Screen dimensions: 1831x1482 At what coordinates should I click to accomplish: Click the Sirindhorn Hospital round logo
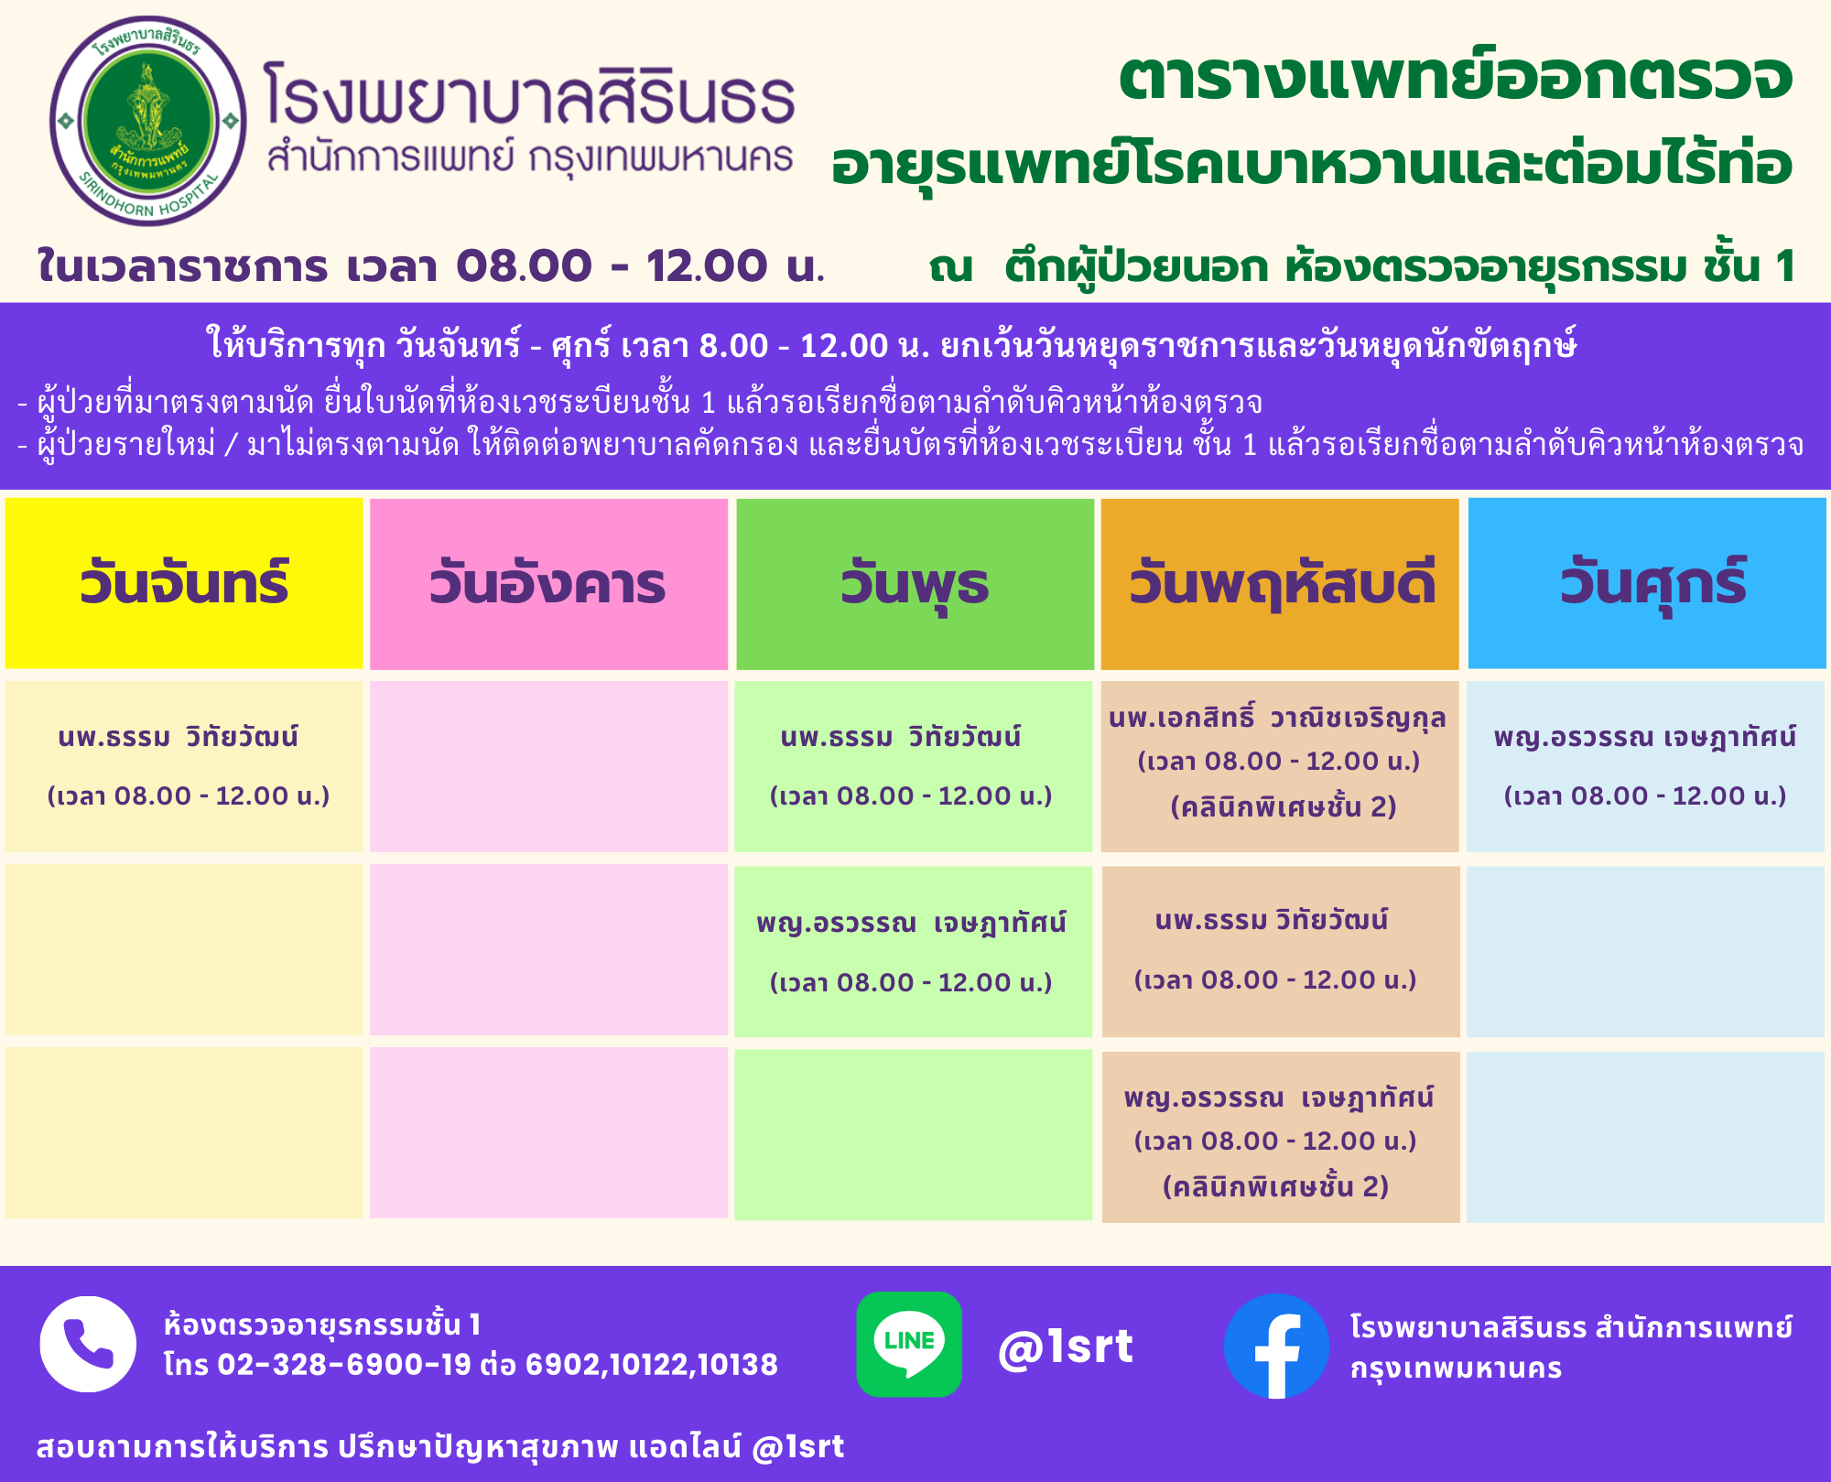tap(148, 121)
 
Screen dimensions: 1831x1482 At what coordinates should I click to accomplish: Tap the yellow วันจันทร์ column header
tap(184, 583)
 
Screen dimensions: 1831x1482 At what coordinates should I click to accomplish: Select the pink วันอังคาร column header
tap(548, 583)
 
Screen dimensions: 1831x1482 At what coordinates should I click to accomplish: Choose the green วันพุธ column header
tap(915, 583)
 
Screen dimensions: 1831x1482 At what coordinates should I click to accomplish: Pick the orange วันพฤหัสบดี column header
tap(1280, 583)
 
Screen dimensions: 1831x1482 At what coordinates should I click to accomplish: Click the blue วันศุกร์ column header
tap(1647, 583)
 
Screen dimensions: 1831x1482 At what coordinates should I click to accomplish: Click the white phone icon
tap(88, 1344)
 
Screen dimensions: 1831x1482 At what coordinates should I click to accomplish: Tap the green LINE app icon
tap(909, 1344)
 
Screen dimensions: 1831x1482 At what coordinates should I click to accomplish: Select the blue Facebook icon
tap(1276, 1346)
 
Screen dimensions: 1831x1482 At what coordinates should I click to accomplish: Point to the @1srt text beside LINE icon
tap(1066, 1347)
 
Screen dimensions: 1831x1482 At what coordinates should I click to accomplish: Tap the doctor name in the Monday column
tap(179, 736)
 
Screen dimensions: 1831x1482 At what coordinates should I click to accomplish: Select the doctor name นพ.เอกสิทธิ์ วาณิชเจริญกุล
tap(1277, 718)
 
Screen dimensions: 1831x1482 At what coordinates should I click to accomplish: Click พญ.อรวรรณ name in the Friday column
tap(1645, 737)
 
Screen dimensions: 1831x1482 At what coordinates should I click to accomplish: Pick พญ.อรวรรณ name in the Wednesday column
tap(911, 922)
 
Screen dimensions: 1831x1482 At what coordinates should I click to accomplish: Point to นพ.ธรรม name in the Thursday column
tap(1272, 919)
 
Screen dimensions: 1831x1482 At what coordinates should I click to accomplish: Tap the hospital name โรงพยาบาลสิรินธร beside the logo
tap(529, 93)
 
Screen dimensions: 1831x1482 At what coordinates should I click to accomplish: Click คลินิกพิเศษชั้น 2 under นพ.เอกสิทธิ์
tap(1284, 806)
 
